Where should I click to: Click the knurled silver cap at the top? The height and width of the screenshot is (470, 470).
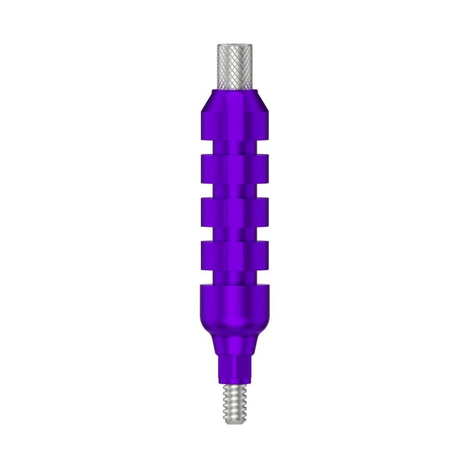pyautogui.click(x=234, y=66)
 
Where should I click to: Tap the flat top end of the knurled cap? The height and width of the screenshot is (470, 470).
pyautogui.click(x=234, y=45)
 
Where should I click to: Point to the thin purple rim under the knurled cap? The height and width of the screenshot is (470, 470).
pyautogui.click(x=234, y=90)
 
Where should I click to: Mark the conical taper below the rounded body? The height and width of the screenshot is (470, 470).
pyautogui.click(x=234, y=344)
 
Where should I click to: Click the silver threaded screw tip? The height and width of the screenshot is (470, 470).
pyautogui.click(x=234, y=402)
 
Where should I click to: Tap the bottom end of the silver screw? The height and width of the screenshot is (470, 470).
pyautogui.click(x=234, y=419)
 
